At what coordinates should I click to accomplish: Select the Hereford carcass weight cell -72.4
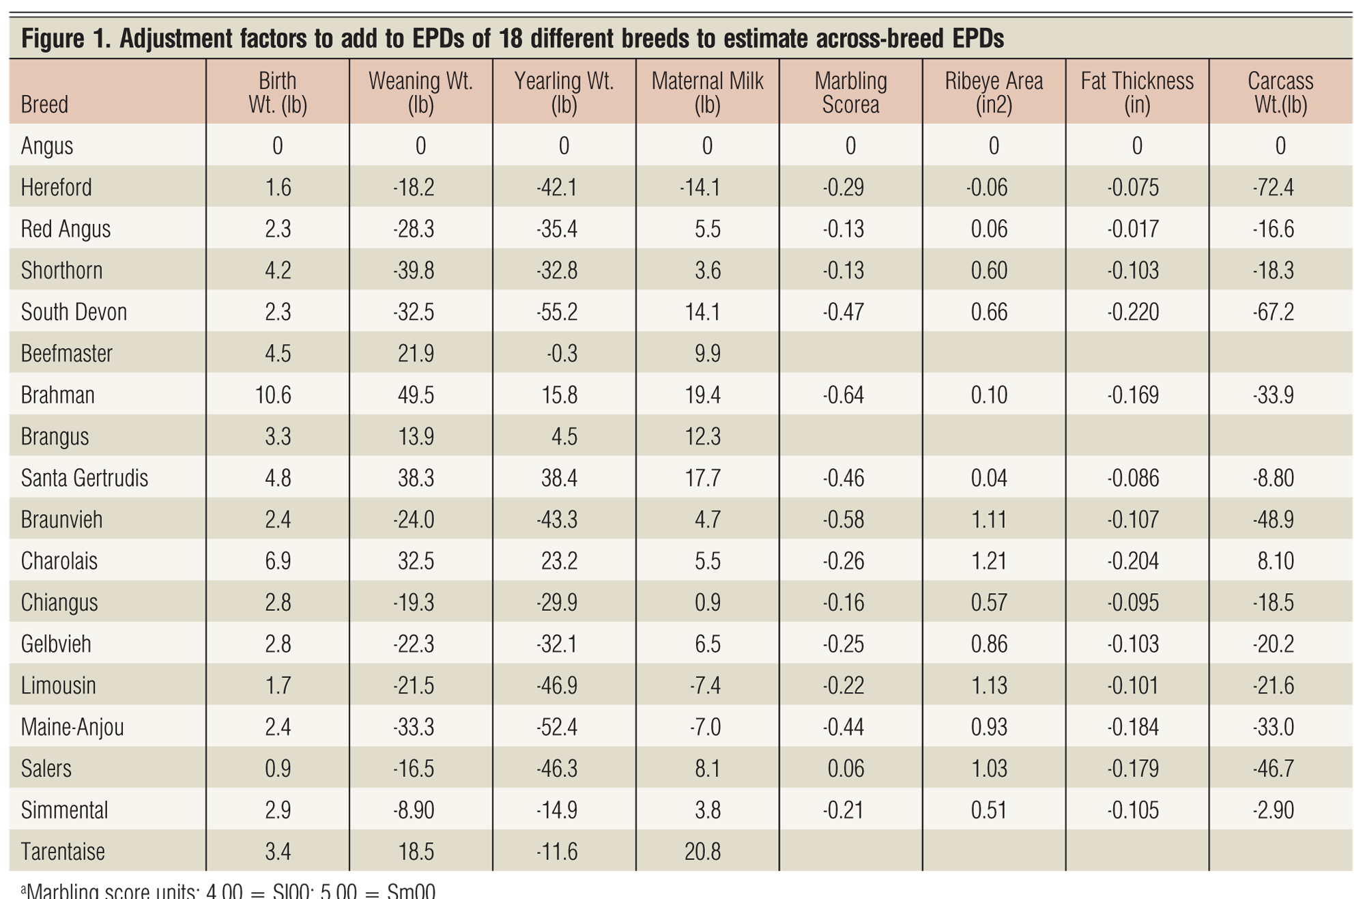(x=1274, y=188)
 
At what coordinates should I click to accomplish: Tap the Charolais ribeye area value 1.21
(x=989, y=561)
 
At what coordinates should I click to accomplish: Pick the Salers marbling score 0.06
(x=846, y=769)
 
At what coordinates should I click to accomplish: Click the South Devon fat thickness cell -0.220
(x=1133, y=312)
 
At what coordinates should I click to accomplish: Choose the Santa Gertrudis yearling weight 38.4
(x=559, y=478)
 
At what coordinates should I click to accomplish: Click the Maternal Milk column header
(x=708, y=93)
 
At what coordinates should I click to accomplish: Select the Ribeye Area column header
(x=994, y=93)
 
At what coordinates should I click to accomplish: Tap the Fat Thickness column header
(x=1137, y=93)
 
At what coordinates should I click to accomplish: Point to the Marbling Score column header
(x=850, y=93)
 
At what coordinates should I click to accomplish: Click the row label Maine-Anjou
(x=72, y=727)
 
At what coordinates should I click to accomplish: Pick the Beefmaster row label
(x=67, y=354)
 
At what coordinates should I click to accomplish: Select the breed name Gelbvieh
(x=56, y=644)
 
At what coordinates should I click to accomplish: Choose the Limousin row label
(x=59, y=685)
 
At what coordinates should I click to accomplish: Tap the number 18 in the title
(x=512, y=40)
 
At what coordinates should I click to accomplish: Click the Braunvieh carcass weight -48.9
(x=1274, y=519)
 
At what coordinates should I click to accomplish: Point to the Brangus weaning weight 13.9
(x=416, y=436)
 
